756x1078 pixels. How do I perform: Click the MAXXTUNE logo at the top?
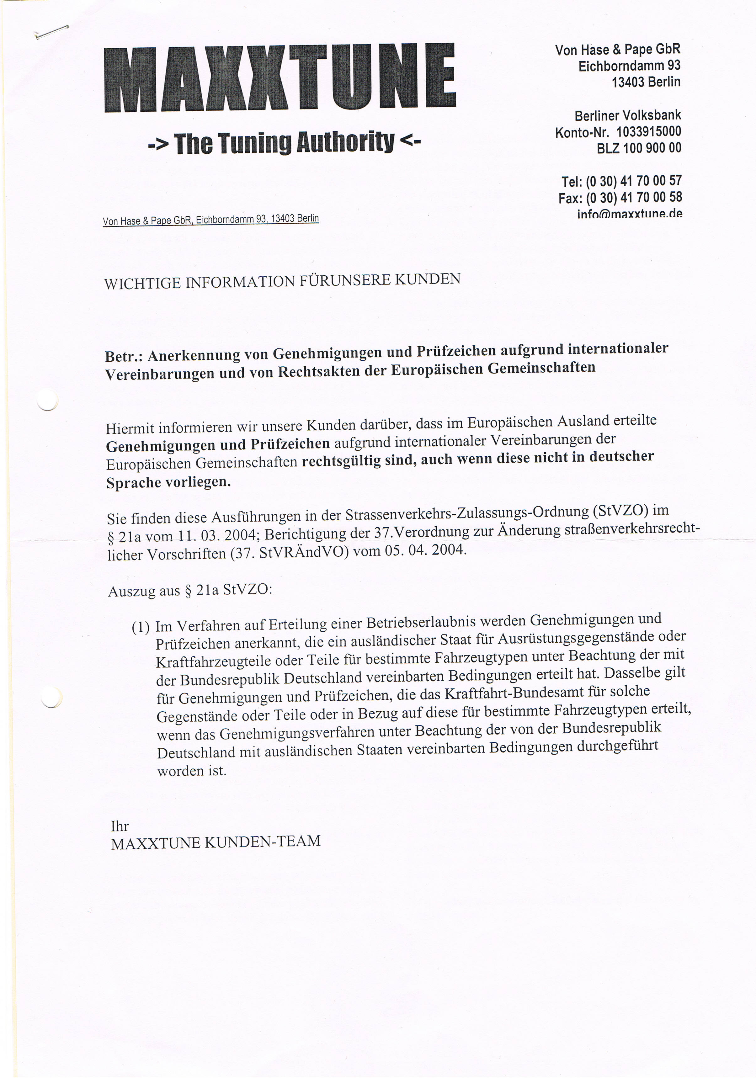pos(280,77)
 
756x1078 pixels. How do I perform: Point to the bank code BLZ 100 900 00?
pos(639,148)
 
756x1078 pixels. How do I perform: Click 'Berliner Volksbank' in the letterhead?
pos(627,115)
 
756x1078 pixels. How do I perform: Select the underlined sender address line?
pos(210,220)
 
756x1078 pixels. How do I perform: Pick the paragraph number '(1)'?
pos(141,627)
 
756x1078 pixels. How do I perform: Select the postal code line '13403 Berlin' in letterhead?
pos(646,82)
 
